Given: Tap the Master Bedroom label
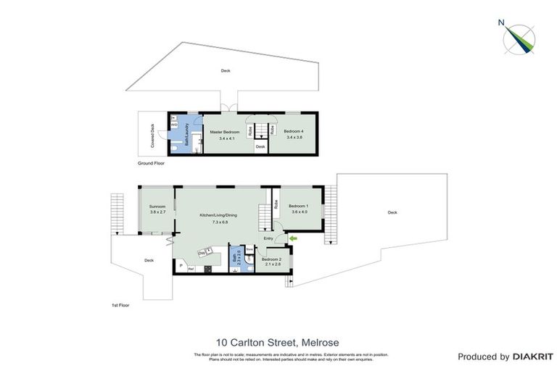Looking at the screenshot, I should click(x=225, y=132).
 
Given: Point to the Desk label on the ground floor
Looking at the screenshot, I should click(x=260, y=147).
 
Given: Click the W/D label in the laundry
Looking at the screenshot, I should click(x=175, y=125).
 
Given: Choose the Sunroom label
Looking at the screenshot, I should click(x=157, y=207).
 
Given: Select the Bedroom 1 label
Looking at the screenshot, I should click(x=300, y=207).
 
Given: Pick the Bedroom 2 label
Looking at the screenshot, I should click(x=271, y=259).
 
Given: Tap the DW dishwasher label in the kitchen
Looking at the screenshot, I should click(x=202, y=253).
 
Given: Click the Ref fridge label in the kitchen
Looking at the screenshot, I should click(x=191, y=269).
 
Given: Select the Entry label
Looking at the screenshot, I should click(x=268, y=238).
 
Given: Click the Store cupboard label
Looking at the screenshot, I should click(x=249, y=249).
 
